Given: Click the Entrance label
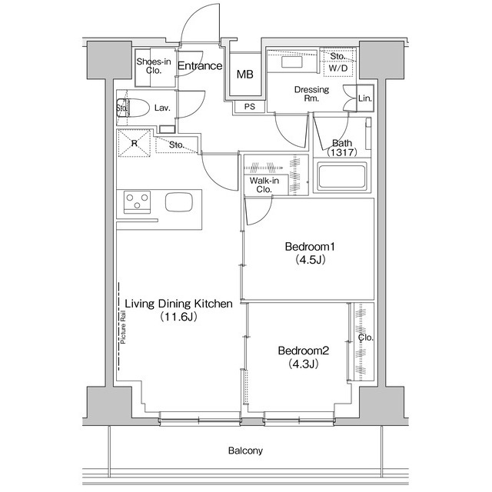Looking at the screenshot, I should pyautogui.click(x=200, y=66).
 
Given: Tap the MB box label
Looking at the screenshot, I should pyautogui.click(x=244, y=75).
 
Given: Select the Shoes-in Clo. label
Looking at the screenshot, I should pyautogui.click(x=153, y=66).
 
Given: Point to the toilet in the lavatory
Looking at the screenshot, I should pyautogui.click(x=131, y=108).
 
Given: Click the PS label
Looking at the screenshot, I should pyautogui.click(x=249, y=107).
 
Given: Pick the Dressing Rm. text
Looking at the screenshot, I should pyautogui.click(x=311, y=94).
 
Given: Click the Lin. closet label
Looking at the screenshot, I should pyautogui.click(x=365, y=99).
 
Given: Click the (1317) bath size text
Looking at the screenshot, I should pyautogui.click(x=341, y=153).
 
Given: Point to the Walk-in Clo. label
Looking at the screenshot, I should pyautogui.click(x=262, y=184).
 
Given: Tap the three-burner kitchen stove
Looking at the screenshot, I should pyautogui.click(x=138, y=202).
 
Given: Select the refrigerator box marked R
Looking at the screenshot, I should pyautogui.click(x=135, y=143).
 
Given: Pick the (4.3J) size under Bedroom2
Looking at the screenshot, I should pyautogui.click(x=304, y=364).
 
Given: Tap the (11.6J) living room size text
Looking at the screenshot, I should pyautogui.click(x=178, y=317).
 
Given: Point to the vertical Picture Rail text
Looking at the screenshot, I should pyautogui.click(x=124, y=330).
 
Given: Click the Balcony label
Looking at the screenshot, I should pyautogui.click(x=245, y=450).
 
